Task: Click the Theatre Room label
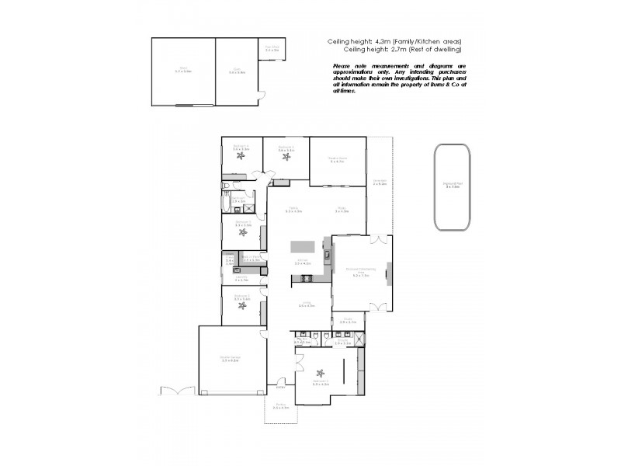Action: (338, 160)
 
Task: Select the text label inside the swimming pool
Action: (453, 185)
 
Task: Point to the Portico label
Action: (281, 406)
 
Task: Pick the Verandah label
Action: (380, 183)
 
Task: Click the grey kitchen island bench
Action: (303, 247)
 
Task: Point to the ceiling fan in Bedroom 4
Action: (241, 156)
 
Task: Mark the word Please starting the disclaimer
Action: (341, 67)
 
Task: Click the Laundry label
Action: (241, 278)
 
